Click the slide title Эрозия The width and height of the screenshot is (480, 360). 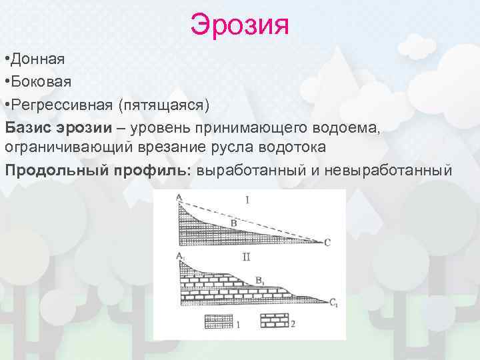click(x=239, y=25)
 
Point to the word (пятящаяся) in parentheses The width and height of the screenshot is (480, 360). click(x=163, y=105)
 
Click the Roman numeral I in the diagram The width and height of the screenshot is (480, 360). click(x=247, y=200)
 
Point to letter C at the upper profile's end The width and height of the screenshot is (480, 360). click(x=327, y=243)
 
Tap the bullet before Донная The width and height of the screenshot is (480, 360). click(x=6, y=59)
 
